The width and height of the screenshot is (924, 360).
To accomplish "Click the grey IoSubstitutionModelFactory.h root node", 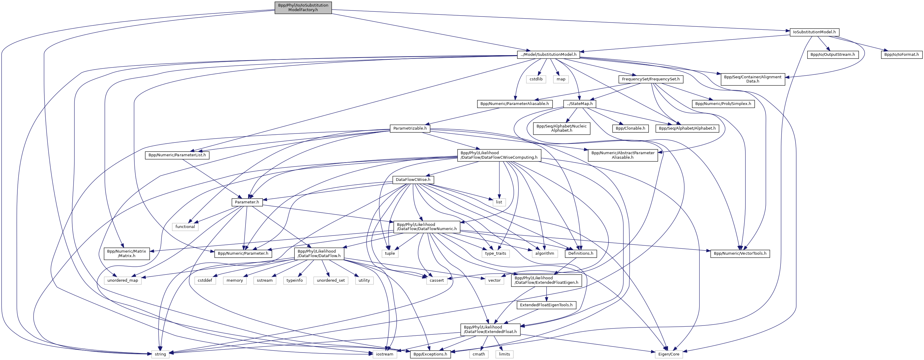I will coord(303,7).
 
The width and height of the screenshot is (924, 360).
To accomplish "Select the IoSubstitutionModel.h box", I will coord(814,32).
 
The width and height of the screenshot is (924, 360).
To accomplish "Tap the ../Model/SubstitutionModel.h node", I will coord(549,55).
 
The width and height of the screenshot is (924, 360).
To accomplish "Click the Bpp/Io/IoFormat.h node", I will coord(901,55).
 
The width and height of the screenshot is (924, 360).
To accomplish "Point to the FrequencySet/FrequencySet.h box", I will coord(651,79).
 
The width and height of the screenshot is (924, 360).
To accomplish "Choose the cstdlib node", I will coord(536,79).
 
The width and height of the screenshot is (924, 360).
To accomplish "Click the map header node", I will coord(561,79).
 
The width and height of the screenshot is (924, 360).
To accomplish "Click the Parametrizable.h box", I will coord(410,128).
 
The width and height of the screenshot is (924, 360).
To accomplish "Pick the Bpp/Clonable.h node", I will coord(630,128).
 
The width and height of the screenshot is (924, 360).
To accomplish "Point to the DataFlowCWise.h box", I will coord(413,179).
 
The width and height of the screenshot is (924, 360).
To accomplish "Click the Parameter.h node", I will coord(247,202).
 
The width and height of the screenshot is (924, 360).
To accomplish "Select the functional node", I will coord(185,226).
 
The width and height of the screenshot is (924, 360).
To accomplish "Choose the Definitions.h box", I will coord(581,253).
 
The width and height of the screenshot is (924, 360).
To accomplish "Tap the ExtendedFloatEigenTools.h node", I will coord(546,305).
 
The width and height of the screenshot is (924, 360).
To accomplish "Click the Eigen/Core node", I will coord(669,354).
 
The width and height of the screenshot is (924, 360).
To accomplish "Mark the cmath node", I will coord(478,354).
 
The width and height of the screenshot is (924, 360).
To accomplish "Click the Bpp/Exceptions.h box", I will coord(430,354).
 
